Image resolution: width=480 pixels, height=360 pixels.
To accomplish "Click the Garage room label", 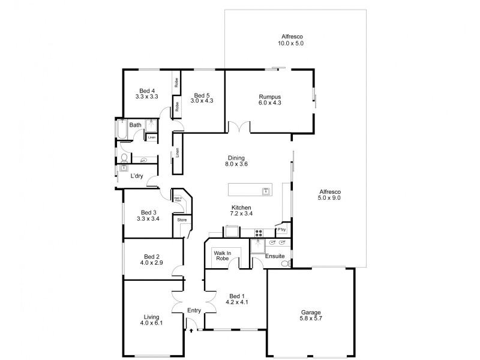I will [x=310, y=313].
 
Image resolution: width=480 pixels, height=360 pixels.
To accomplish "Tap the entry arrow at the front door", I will [x=191, y=329].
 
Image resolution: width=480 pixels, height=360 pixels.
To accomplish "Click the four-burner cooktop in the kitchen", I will [x=259, y=233].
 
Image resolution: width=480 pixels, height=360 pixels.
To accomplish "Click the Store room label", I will [x=181, y=220].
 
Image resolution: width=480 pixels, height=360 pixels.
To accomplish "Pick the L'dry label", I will [x=137, y=176].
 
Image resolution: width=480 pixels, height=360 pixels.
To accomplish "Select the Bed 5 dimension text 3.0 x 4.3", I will [x=201, y=101].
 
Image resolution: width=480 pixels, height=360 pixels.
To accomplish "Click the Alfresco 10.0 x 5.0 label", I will [x=291, y=43].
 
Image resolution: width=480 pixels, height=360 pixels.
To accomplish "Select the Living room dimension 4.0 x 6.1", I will [x=152, y=323].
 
